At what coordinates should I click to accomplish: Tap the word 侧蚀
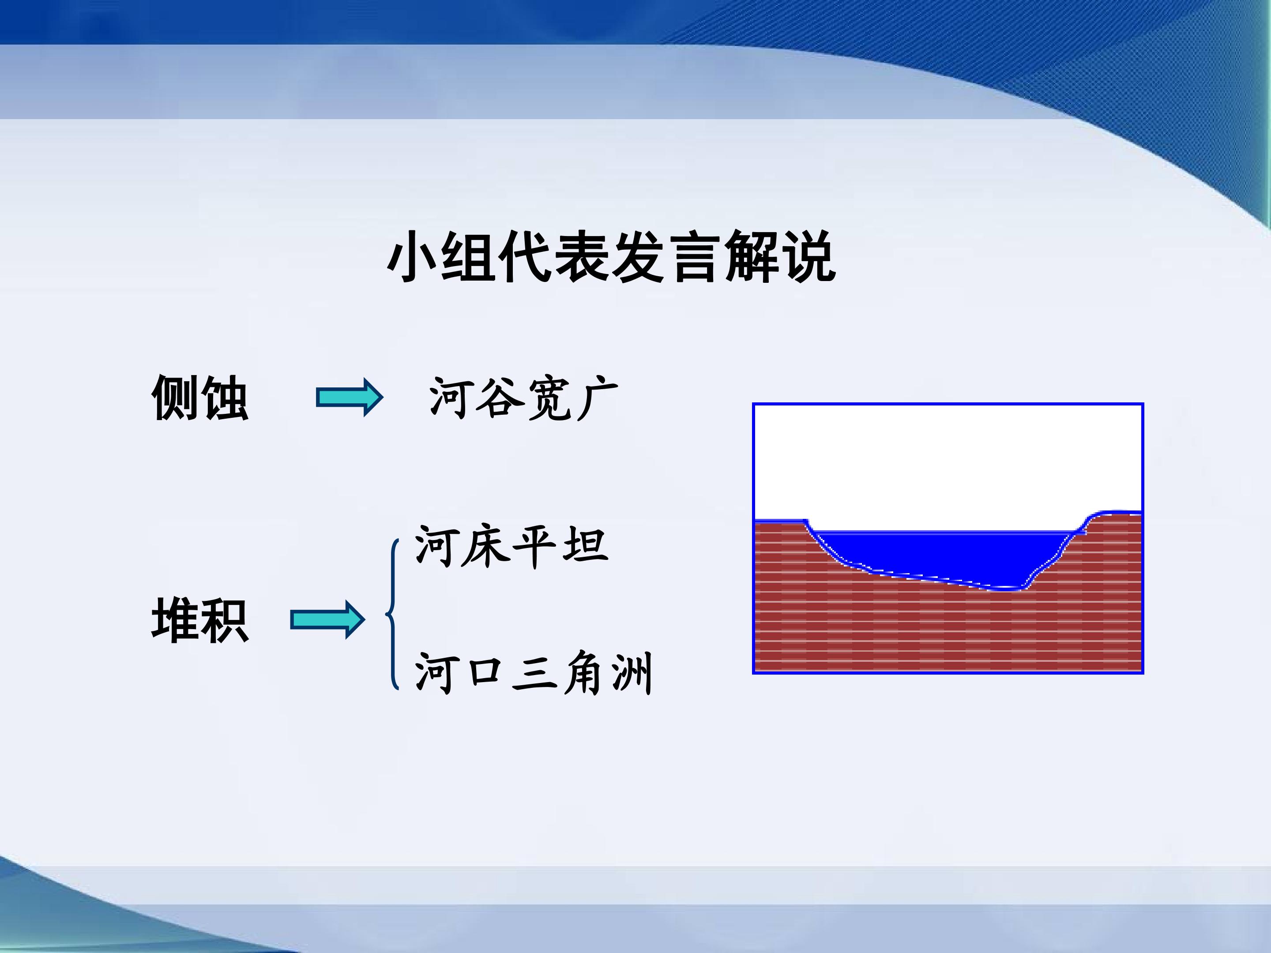200,398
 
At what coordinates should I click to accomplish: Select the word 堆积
200,620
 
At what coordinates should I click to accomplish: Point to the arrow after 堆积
327,619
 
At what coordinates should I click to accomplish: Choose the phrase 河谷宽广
523,398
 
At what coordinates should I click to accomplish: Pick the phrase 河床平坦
511,546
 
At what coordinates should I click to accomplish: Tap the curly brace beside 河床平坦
392,614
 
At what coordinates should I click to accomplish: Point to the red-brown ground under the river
948,632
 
